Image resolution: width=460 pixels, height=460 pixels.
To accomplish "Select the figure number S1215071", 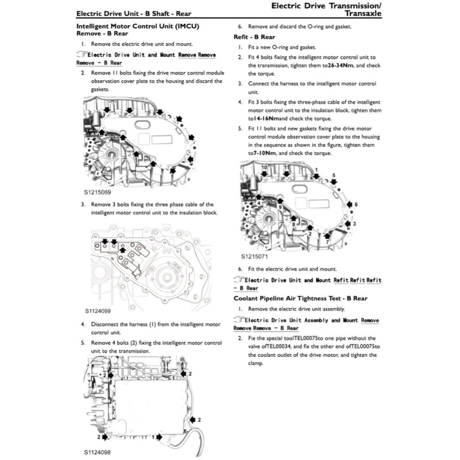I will click(x=254, y=257).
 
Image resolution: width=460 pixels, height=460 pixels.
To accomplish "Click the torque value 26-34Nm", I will click(x=342, y=66).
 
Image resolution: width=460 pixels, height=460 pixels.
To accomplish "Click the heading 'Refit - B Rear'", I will click(x=254, y=37).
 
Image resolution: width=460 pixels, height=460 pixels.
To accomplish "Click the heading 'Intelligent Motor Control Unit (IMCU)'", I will click(x=138, y=27).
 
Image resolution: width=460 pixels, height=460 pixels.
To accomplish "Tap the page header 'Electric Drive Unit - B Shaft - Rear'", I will click(x=134, y=13).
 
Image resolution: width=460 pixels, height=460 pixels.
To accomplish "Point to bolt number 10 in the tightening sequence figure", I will click(x=264, y=168).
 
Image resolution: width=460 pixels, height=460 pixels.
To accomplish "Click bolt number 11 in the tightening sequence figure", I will click(x=286, y=168).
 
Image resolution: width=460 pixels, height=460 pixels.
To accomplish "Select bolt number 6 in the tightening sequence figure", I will click(x=356, y=204).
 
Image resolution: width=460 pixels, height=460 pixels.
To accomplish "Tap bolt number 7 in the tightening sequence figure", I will click(x=327, y=242).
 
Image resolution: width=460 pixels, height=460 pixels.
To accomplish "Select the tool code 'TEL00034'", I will click(x=275, y=346).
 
